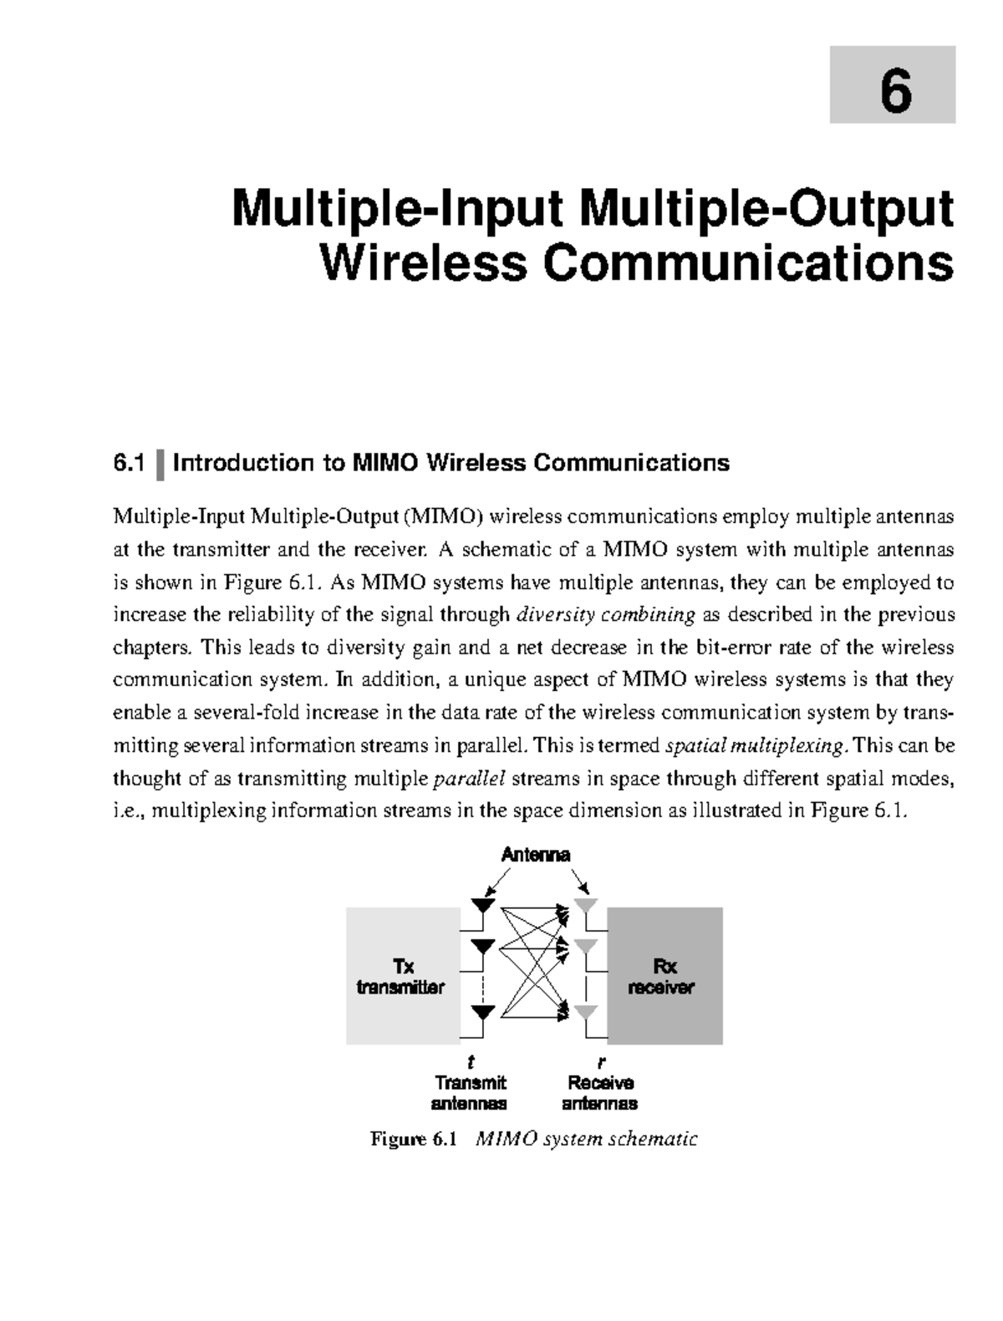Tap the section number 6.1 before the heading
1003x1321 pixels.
(x=129, y=463)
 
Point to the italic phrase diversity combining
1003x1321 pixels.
(x=606, y=615)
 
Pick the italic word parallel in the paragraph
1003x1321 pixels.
(x=470, y=779)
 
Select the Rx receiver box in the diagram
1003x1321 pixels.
(x=664, y=976)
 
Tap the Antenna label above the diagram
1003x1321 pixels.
(x=535, y=854)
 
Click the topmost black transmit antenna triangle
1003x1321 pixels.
(x=483, y=905)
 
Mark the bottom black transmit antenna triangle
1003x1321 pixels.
(x=483, y=1012)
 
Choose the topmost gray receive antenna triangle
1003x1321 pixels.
(x=586, y=905)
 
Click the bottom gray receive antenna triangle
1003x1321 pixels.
(x=586, y=1012)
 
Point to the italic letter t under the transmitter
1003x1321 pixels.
(x=471, y=1062)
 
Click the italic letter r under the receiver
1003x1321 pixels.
(x=600, y=1063)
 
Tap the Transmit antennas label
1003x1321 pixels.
(x=470, y=1093)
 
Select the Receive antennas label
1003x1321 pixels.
(x=600, y=1093)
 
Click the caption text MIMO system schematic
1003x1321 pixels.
(x=585, y=1139)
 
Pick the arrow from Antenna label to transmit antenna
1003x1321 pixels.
(x=498, y=880)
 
